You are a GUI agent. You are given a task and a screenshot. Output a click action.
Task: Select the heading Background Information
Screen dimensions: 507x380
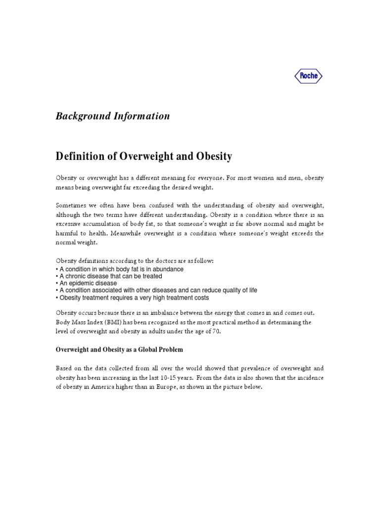click(112, 116)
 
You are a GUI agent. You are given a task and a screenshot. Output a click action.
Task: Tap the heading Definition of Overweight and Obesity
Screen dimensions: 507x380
click(143, 156)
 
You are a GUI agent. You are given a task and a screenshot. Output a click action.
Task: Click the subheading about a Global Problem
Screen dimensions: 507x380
click(119, 350)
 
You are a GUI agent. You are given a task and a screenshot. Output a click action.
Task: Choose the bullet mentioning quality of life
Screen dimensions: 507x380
click(156, 290)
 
